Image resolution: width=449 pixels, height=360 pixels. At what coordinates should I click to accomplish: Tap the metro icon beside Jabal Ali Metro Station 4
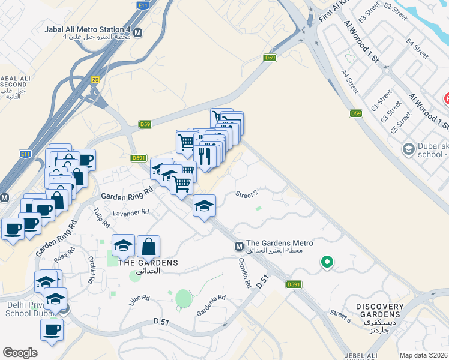[x=139, y=32]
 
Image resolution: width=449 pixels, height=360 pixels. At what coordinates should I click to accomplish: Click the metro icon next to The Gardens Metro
[x=239, y=246]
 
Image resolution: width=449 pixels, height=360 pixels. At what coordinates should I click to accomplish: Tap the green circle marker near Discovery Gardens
[x=327, y=262]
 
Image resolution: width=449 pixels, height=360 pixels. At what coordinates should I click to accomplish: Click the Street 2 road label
[x=247, y=194]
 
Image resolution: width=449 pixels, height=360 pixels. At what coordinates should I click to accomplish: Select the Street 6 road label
[x=340, y=314]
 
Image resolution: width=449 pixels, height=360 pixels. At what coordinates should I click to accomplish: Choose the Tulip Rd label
[x=102, y=219]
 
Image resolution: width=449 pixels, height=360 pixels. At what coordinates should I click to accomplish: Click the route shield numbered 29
[x=95, y=80]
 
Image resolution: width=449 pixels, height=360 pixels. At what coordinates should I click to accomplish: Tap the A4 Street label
[x=350, y=82]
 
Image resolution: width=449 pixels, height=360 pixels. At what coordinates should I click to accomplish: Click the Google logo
[x=20, y=353]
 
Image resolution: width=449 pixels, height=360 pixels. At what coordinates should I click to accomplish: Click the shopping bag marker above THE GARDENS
[x=148, y=247]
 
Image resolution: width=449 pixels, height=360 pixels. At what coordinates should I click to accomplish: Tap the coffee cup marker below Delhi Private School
[x=52, y=329]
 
